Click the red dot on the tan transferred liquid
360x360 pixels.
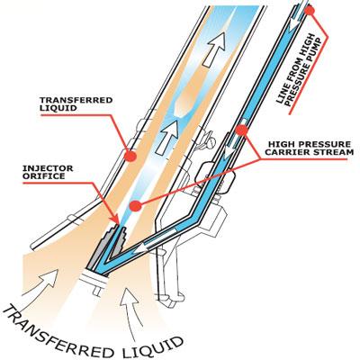(x=131, y=156)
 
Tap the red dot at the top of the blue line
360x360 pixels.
(x=310, y=11)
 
